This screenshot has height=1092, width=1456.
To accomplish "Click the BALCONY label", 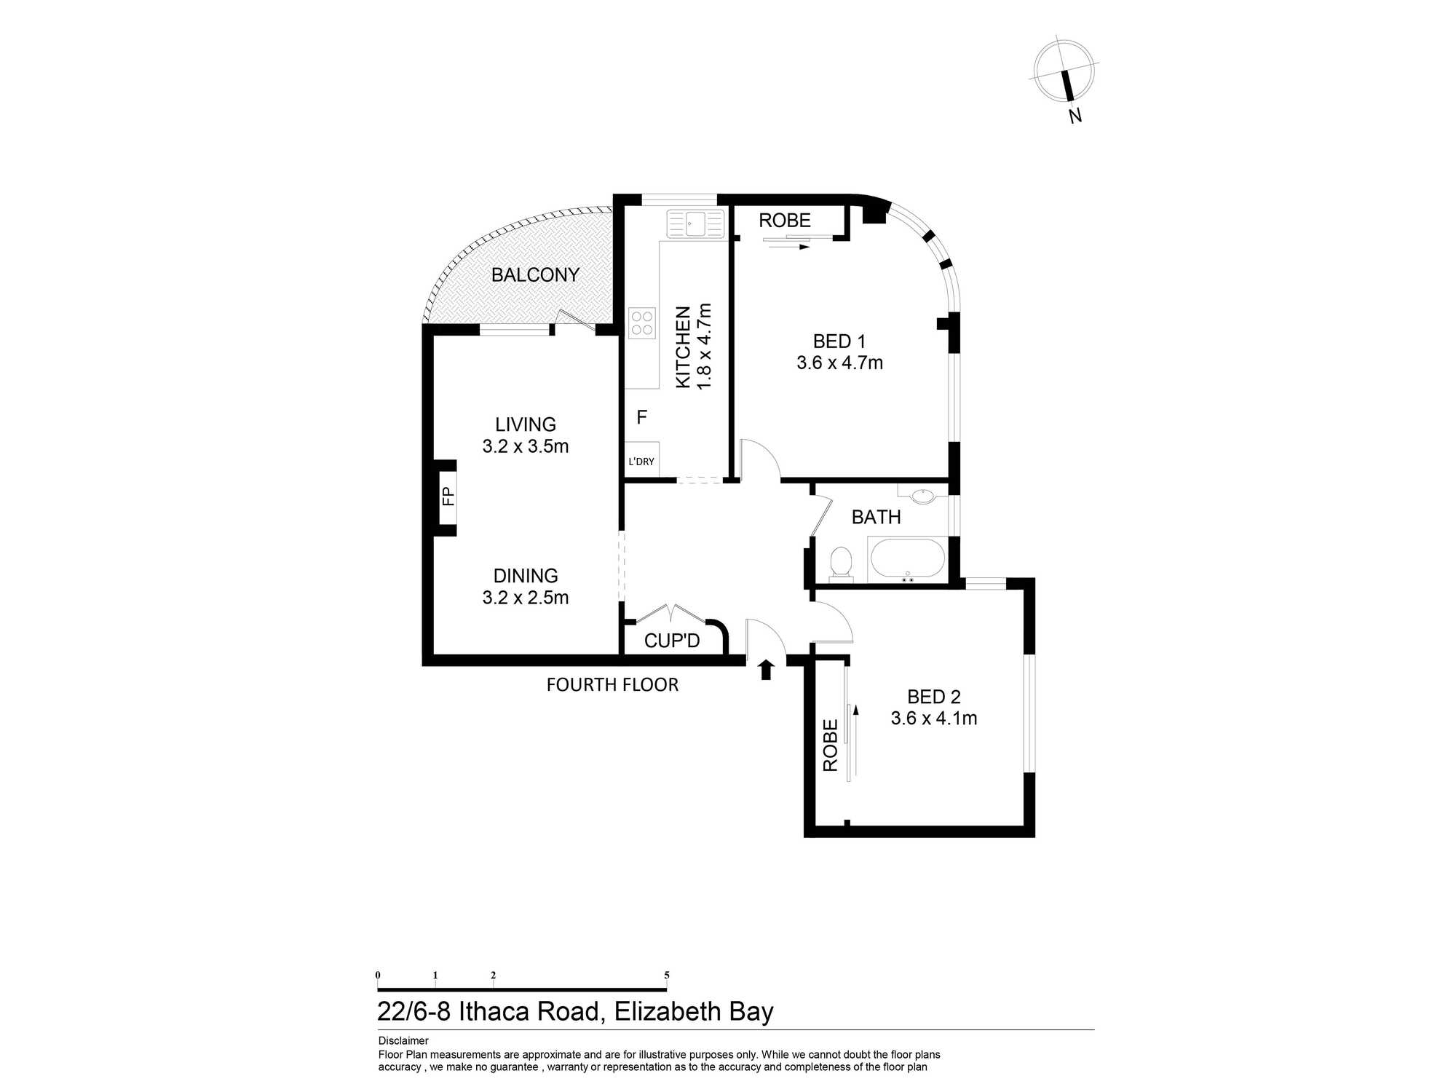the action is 535,275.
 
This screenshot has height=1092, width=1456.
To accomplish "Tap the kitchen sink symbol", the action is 696,223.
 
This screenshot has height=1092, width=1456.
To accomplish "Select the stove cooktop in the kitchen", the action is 642,323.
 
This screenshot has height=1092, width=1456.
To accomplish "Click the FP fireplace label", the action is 448,496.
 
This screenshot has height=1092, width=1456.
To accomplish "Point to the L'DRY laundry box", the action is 641,461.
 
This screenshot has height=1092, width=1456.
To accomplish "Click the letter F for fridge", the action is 641,417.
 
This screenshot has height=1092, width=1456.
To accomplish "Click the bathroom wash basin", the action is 923,496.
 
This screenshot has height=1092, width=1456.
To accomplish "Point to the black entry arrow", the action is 765,669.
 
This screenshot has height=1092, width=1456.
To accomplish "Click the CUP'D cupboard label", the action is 672,641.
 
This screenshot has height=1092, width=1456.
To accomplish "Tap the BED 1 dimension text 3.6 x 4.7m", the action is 839,363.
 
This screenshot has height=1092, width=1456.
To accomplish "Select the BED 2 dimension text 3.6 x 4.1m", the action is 934,719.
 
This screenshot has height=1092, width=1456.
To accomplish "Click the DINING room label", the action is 526,576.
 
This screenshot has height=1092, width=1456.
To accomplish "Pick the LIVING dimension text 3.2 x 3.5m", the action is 526,446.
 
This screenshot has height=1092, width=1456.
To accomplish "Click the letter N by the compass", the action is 1075,115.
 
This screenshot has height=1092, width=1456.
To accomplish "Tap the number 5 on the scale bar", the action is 667,976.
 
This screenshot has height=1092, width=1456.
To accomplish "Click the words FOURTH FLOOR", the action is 612,685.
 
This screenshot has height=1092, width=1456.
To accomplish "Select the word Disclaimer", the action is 403,1041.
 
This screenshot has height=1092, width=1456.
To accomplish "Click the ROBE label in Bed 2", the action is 831,745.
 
